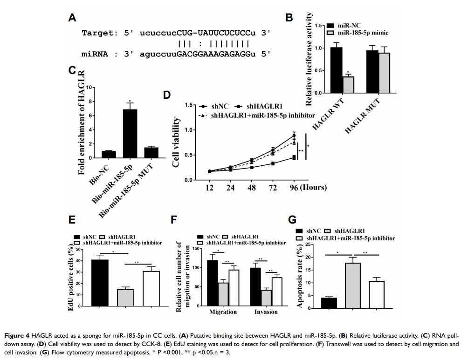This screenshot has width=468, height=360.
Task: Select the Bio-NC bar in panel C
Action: pyautogui.click(x=108, y=154)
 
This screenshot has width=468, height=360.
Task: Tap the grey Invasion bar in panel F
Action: pyautogui.click(x=266, y=297)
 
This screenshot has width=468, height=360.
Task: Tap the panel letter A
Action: pyautogui.click(x=72, y=18)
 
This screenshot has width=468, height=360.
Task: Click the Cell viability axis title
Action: pyautogui.click(x=177, y=142)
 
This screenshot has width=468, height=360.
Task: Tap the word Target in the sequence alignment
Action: pyautogui.click(x=96, y=33)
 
